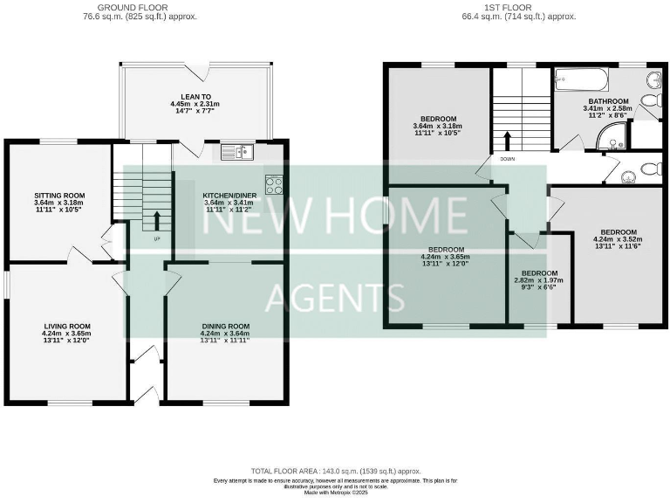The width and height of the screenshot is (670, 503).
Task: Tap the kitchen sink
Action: pos(236,153)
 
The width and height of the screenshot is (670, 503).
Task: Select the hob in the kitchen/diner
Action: pos(274,184)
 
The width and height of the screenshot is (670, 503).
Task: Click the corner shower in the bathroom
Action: pos(614,135)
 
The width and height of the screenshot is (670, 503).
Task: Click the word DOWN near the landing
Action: pos(508,159)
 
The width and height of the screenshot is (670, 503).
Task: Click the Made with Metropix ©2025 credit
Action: pos(335,493)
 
